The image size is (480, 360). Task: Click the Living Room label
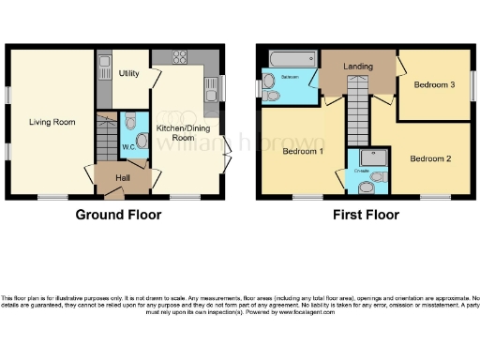point(52,122)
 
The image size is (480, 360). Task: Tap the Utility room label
point(129,73)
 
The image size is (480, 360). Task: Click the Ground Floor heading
point(118,215)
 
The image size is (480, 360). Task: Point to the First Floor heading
point(366,215)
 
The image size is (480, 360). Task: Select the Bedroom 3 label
point(434,86)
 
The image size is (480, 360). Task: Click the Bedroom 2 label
point(429,158)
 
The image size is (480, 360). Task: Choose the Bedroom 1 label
point(303,151)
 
